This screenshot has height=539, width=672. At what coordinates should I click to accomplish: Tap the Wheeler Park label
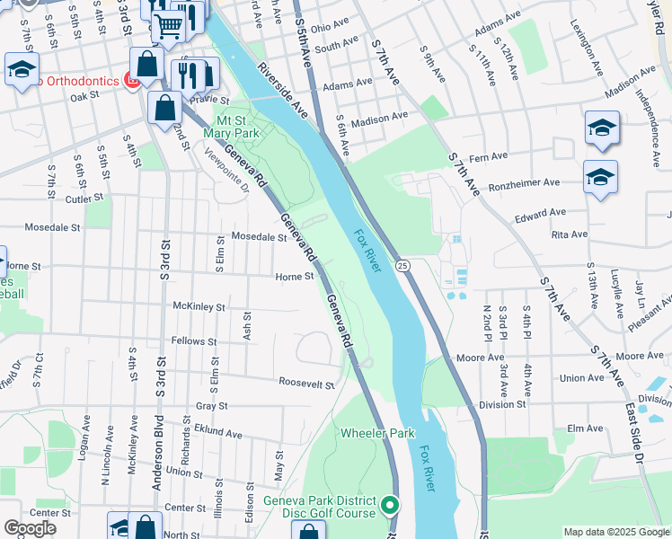click(x=377, y=433)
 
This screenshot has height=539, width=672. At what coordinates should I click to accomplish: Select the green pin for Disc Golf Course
click(x=389, y=506)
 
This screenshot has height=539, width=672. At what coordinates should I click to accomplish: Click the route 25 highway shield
click(x=403, y=265)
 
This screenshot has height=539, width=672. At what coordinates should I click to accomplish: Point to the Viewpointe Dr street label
click(x=226, y=168)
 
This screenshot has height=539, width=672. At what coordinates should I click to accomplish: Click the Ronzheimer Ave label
click(x=524, y=183)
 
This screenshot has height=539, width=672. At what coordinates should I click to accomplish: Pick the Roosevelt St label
click(x=306, y=384)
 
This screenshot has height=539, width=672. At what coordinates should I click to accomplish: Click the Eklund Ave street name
click(x=217, y=433)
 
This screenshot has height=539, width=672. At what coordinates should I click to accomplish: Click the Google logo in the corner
click(x=31, y=528)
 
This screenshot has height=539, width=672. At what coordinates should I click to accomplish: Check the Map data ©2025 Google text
click(x=616, y=532)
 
